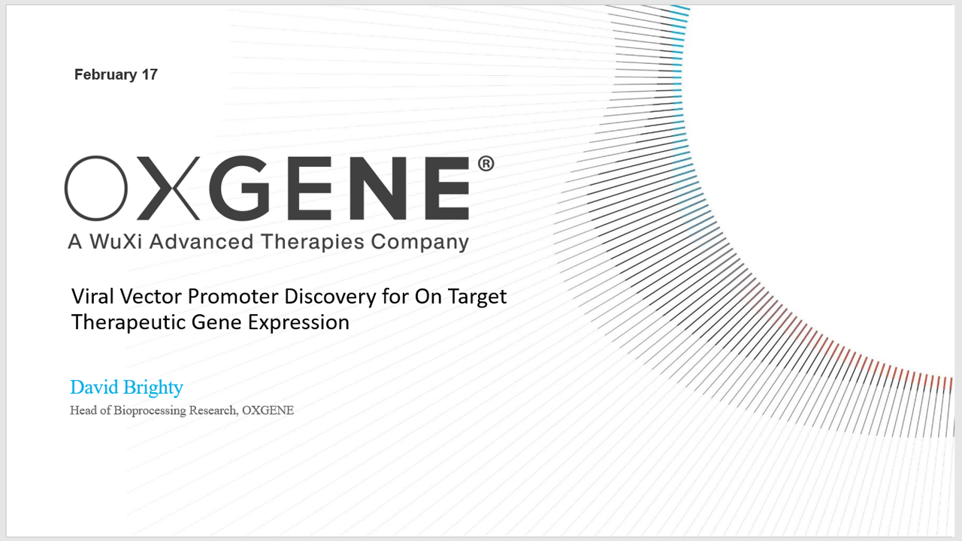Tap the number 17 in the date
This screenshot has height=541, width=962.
[150, 74]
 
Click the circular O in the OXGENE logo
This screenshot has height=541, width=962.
[96, 188]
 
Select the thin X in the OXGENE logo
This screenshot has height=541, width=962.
[168, 188]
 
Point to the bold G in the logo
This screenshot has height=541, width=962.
[239, 188]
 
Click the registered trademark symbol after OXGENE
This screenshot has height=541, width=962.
[486, 164]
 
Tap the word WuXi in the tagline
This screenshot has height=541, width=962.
[116, 241]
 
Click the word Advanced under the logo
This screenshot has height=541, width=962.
[201, 241]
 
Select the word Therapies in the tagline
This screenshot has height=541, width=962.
[313, 243]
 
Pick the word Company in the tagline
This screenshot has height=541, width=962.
[419, 243]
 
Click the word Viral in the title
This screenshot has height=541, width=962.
[92, 296]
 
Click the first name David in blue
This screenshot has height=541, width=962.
[94, 387]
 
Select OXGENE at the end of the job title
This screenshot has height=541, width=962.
[268, 410]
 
